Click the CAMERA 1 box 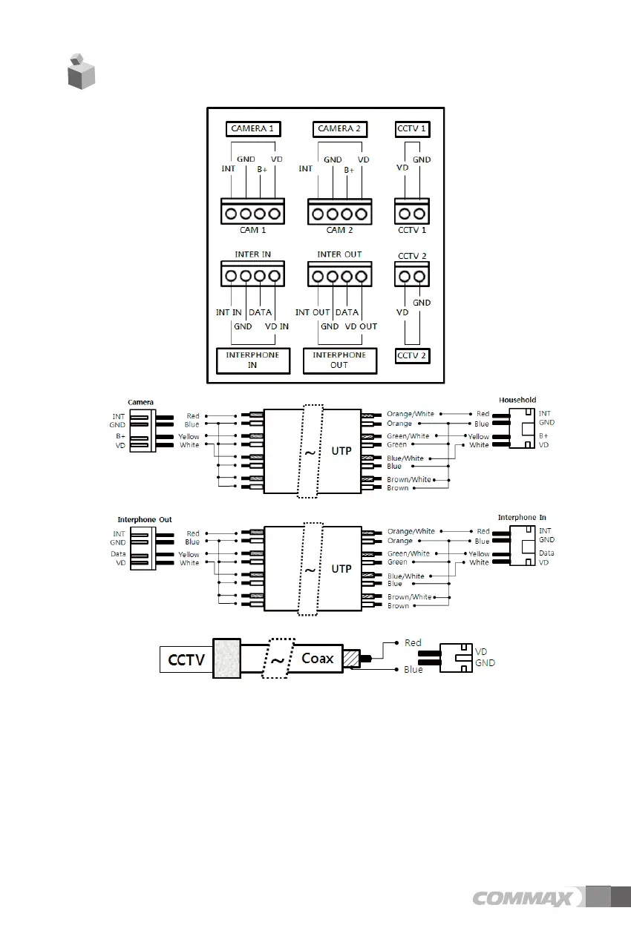[x=252, y=128]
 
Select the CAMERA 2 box [x=339, y=128]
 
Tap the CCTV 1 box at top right [x=412, y=128]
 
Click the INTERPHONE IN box [x=252, y=360]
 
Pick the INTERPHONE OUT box [x=339, y=360]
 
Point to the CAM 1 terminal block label [x=253, y=231]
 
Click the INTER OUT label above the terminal [x=339, y=254]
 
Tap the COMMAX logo [x=523, y=898]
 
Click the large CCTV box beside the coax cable [x=186, y=659]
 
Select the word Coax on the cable [x=318, y=658]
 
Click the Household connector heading [x=517, y=400]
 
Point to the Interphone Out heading [x=145, y=520]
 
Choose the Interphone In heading [x=517, y=517]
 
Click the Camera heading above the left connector [x=141, y=402]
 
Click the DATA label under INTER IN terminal [x=260, y=312]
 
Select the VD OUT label [x=361, y=326]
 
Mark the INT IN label [x=229, y=312]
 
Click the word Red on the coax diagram [x=413, y=643]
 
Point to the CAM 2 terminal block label [x=340, y=231]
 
